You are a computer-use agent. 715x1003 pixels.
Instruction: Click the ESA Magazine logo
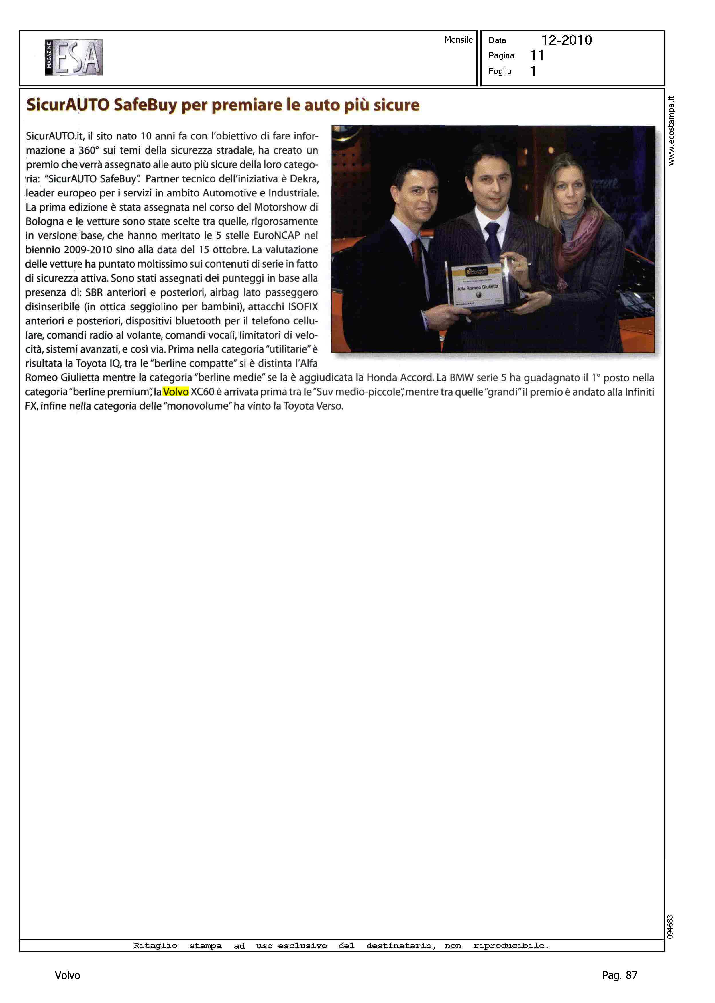coord(74,57)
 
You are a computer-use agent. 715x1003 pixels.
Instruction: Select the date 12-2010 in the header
coord(566,40)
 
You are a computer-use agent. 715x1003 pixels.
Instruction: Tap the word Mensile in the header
coord(458,40)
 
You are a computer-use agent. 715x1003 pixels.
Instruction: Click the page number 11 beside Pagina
coord(537,56)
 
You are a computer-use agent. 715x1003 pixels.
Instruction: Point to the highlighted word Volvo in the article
coord(176,392)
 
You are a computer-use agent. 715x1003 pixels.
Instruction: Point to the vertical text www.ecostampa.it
coord(671,131)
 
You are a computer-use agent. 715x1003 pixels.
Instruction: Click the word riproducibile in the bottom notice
coord(511,945)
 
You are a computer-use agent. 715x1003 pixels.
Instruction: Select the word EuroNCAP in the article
coord(276,235)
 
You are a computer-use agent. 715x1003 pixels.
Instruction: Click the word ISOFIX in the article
coord(303,307)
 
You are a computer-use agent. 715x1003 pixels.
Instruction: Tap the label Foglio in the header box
coord(500,71)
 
